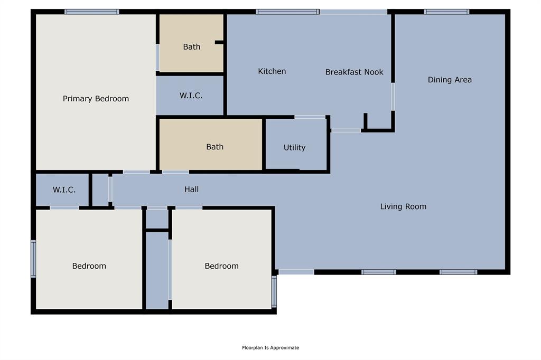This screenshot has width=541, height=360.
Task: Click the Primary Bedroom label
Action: [96, 99]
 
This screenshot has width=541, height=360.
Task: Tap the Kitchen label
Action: [272, 71]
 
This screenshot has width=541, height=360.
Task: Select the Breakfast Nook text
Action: [354, 72]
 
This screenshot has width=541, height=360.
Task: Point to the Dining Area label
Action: [450, 80]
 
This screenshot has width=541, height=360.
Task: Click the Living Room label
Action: [403, 206]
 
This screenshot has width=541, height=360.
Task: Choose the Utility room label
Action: [294, 148]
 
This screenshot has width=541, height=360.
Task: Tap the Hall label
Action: [192, 189]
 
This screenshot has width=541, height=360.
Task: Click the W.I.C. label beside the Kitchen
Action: [191, 96]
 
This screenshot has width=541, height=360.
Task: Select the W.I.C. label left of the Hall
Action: [63, 190]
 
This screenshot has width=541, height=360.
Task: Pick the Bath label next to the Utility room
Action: [214, 147]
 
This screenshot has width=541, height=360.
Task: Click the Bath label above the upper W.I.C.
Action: [192, 47]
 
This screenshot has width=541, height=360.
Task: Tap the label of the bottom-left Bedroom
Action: [89, 266]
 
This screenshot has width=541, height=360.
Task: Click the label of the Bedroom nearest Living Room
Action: [221, 266]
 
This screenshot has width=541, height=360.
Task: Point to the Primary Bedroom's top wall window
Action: [92, 12]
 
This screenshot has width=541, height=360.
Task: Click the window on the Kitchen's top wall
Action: [287, 12]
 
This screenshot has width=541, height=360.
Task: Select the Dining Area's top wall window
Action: [446, 12]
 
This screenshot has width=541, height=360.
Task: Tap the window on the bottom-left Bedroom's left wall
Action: [33, 259]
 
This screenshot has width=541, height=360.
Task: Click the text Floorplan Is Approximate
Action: [270, 348]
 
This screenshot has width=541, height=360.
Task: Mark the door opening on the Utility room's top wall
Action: [310, 117]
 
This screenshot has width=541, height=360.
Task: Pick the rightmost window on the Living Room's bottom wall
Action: [458, 272]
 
